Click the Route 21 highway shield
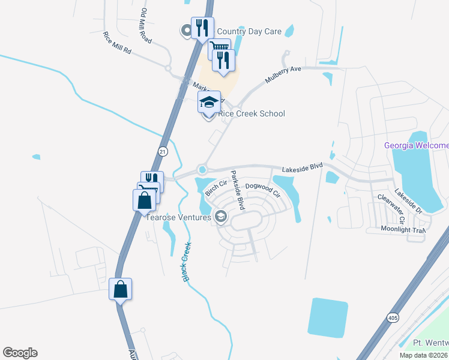[x=163, y=152]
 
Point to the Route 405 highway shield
[x=393, y=317]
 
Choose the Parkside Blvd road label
[x=238, y=190]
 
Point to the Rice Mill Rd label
[x=117, y=43]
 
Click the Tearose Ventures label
[x=178, y=217]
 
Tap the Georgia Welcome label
[x=417, y=146]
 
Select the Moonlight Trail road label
[x=403, y=229]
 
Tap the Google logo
[x=20, y=353]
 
